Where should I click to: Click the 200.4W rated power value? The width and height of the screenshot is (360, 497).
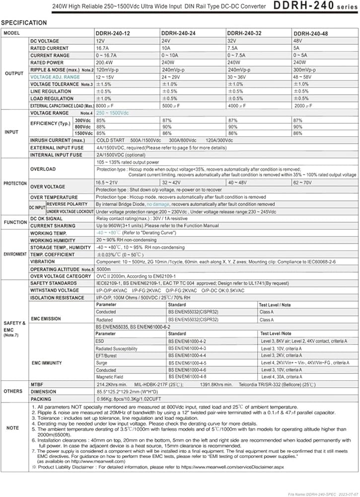point(105,63)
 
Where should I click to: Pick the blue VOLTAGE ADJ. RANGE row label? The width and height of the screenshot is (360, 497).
point(55,77)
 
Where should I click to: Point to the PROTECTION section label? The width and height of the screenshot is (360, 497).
point(15,183)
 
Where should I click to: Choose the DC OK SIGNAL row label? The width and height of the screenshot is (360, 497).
point(47,218)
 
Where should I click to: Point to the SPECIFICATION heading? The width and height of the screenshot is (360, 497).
point(24,23)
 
